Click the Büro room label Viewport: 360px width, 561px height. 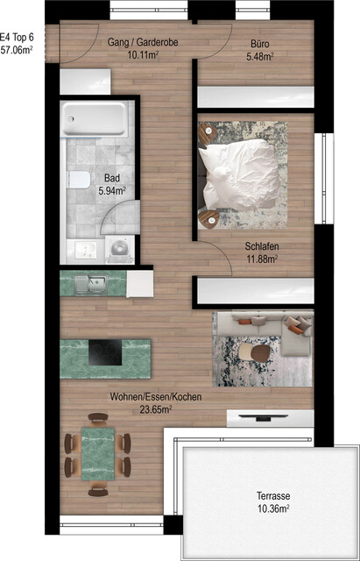tap(259, 41)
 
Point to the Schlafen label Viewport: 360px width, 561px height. tap(261, 245)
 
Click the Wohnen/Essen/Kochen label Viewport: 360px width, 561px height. tap(155, 397)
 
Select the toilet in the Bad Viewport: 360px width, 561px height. tap(77, 180)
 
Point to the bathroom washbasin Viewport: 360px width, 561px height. tap(85, 248)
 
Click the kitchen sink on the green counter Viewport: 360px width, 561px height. tap(89, 284)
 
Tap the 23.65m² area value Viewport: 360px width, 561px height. tap(155, 408)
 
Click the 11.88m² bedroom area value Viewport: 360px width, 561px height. tap(261, 259)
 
